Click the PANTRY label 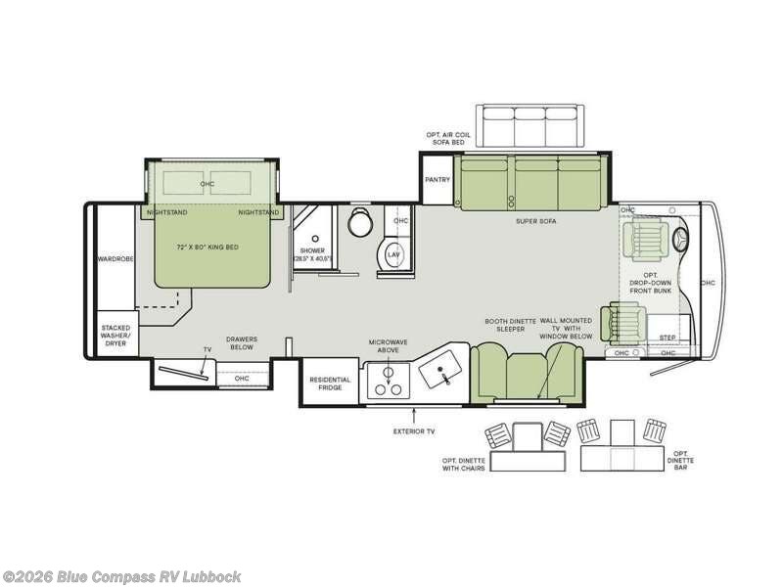437,180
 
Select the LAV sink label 393,254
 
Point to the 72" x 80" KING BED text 207,248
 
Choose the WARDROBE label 115,259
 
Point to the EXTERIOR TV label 413,430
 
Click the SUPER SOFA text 536,221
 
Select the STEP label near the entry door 668,338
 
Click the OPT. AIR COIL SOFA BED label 444,137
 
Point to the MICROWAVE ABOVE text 387,346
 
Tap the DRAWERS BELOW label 241,343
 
